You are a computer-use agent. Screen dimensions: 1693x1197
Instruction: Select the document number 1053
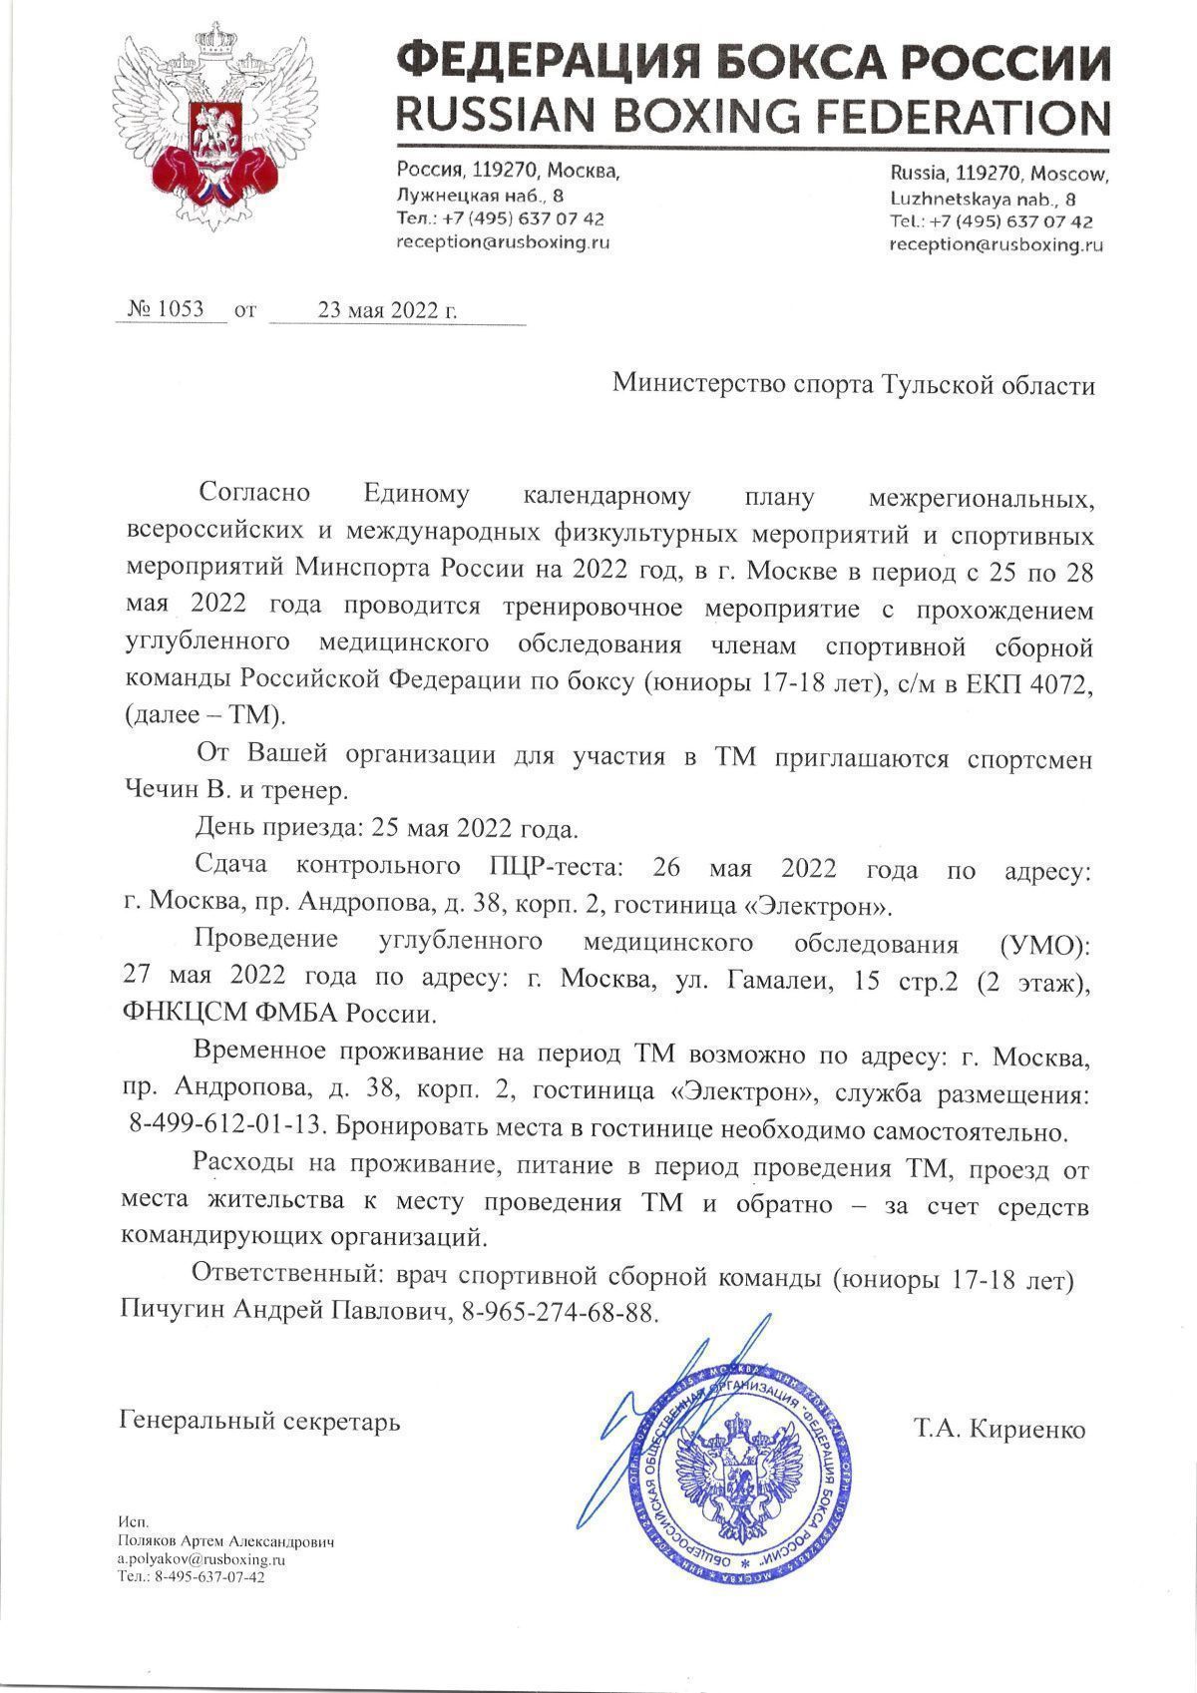[180, 310]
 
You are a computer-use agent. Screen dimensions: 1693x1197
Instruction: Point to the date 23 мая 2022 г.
[387, 310]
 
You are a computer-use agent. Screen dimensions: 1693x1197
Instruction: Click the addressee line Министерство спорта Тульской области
[853, 385]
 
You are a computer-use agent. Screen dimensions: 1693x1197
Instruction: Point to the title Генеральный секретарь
[259, 1421]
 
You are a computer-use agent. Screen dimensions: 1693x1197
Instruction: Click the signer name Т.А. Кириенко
[998, 1429]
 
